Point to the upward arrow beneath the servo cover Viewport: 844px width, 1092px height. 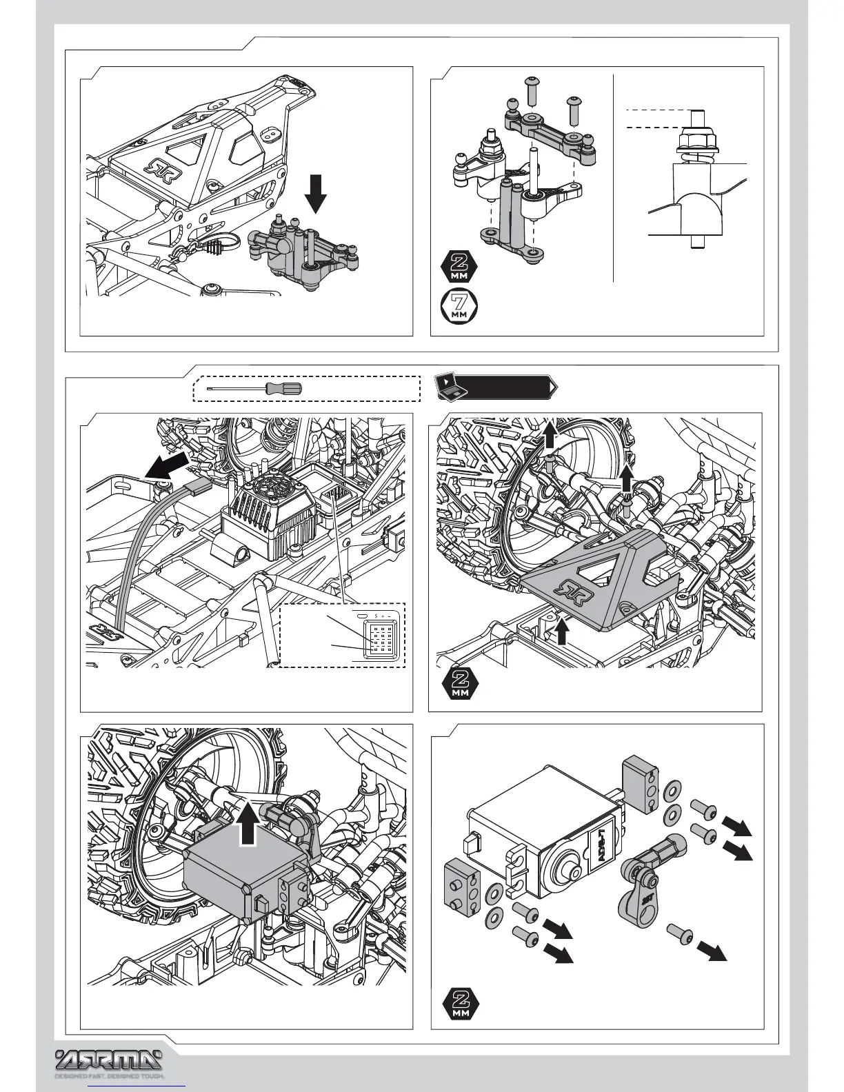click(563, 631)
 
